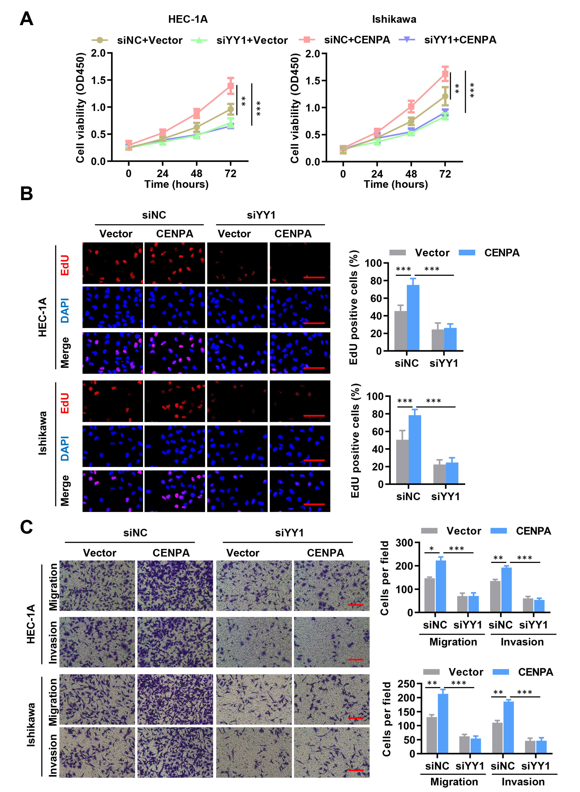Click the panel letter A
[x=26, y=19]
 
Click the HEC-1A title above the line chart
[x=188, y=19]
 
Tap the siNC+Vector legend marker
[x=100, y=40]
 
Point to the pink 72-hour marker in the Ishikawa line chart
[x=445, y=74]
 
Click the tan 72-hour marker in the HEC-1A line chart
[x=230, y=109]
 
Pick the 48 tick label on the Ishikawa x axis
[x=411, y=174]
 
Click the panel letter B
[x=26, y=193]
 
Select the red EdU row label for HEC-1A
[x=65, y=265]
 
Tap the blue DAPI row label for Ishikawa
[x=65, y=448]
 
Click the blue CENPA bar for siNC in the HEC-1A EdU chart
[x=413, y=318]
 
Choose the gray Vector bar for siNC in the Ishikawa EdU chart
[x=402, y=462]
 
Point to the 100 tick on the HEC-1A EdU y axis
[x=373, y=263]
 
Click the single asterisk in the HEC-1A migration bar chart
[x=432, y=549]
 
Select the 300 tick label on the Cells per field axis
[x=404, y=543]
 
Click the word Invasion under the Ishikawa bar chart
[x=523, y=782]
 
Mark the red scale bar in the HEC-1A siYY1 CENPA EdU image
[x=314, y=277]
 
